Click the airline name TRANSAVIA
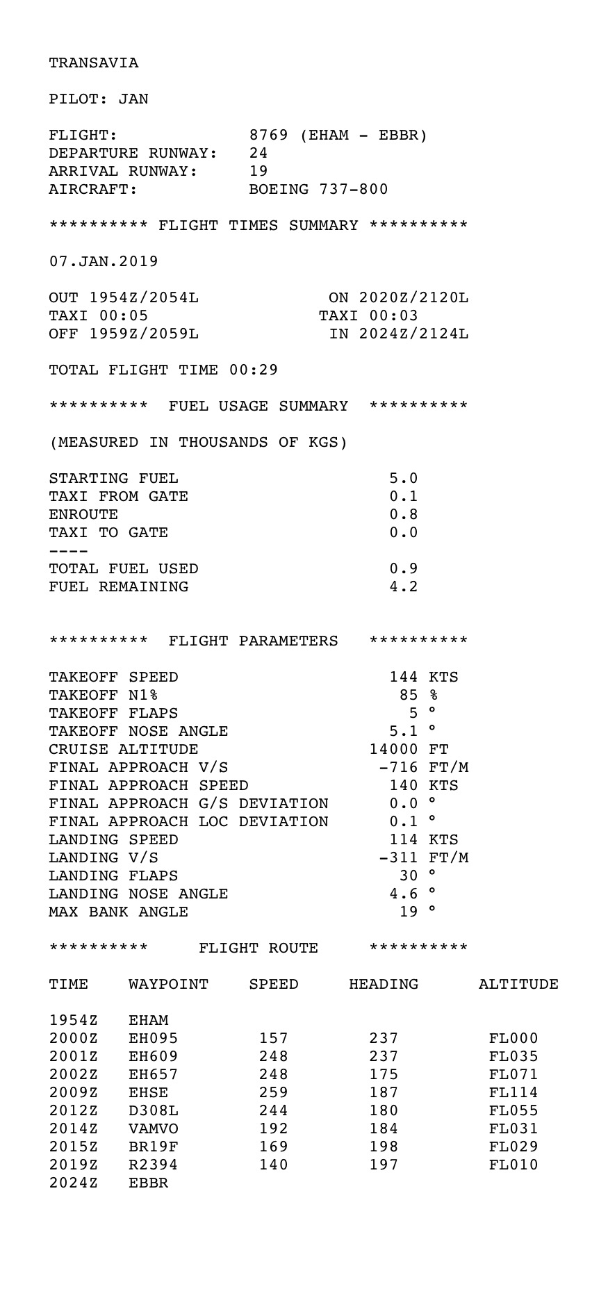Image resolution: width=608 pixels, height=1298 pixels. point(93,63)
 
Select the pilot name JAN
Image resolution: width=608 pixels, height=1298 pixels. point(133,99)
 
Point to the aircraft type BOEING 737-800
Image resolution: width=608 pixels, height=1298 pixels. point(318,190)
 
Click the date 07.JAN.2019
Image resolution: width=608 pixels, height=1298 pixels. point(104,262)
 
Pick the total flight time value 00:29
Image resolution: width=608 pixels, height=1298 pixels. point(253,370)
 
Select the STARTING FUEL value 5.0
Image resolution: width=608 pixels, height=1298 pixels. point(403,479)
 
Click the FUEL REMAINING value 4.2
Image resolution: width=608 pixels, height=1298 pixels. point(403,587)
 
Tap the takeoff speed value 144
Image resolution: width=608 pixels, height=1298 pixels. point(403,677)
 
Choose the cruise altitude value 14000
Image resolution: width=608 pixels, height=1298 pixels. point(393,750)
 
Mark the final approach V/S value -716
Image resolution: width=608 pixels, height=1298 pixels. point(398,768)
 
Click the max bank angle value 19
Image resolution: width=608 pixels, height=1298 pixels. point(409,912)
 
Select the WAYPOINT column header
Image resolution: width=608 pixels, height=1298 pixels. point(168,985)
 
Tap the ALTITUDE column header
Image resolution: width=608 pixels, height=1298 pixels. point(518,985)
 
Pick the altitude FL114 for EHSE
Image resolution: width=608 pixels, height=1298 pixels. point(513,1093)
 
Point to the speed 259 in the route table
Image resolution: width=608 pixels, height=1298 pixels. point(274,1093)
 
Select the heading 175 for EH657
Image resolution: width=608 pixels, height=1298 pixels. point(384,1075)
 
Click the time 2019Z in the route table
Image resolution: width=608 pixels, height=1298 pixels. point(73,1165)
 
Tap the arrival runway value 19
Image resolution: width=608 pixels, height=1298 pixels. point(258,172)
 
